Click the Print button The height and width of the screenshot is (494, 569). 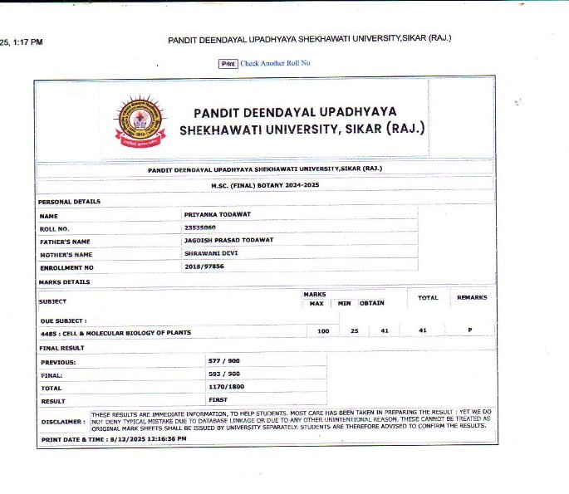[x=228, y=63]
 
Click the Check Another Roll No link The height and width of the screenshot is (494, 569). [x=275, y=63]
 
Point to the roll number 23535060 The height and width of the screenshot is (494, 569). [x=200, y=227]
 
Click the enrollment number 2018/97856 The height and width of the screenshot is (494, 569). [x=204, y=267]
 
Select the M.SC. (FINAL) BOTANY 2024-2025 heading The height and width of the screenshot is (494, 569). [x=265, y=185]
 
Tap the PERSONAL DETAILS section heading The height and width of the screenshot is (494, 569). [x=69, y=202]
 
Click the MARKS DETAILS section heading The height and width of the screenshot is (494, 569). [x=64, y=282]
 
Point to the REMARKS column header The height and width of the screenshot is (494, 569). [x=472, y=297]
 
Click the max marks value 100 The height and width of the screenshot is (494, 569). [x=324, y=331]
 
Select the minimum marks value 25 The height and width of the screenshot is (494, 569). [x=355, y=331]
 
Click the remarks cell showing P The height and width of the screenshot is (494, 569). [x=469, y=330]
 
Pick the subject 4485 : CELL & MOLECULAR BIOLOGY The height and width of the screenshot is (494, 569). [x=115, y=332]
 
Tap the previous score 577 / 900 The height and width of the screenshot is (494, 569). [x=223, y=362]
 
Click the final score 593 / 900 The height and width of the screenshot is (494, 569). [x=223, y=374]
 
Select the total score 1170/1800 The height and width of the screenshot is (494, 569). [x=225, y=387]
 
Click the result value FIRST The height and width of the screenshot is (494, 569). [x=218, y=399]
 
